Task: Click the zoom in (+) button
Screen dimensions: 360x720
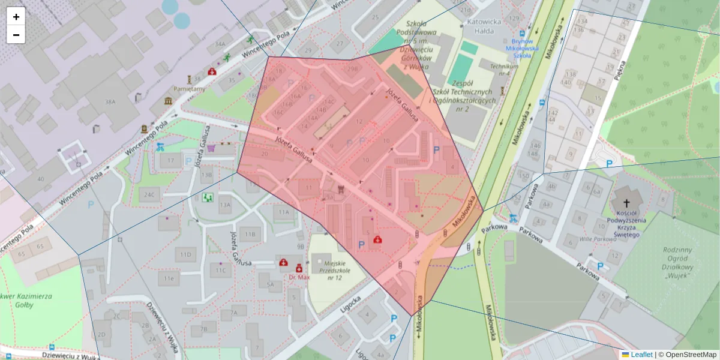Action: tap(16, 17)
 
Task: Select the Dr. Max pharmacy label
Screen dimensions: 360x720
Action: tap(299, 277)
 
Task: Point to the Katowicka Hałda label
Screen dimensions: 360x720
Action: tap(480, 26)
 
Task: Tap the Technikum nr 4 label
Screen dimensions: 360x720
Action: tap(503, 70)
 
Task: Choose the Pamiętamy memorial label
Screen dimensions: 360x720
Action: tap(189, 89)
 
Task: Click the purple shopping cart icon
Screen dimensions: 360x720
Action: tap(211, 148)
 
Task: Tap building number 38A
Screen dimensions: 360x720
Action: tap(110, 102)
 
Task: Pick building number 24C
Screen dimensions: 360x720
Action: tap(149, 194)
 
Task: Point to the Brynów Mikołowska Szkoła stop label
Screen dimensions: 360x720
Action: tap(522, 47)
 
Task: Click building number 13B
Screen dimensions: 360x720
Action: tap(206, 175)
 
